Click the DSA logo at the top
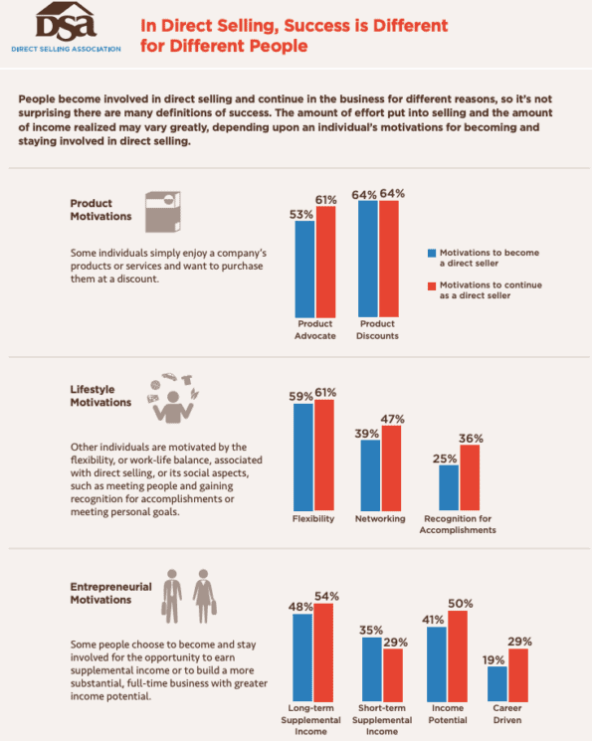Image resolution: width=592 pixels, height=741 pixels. (x=65, y=26)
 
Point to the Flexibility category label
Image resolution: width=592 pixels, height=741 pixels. (x=314, y=519)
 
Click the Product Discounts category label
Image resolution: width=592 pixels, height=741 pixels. (x=379, y=329)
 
